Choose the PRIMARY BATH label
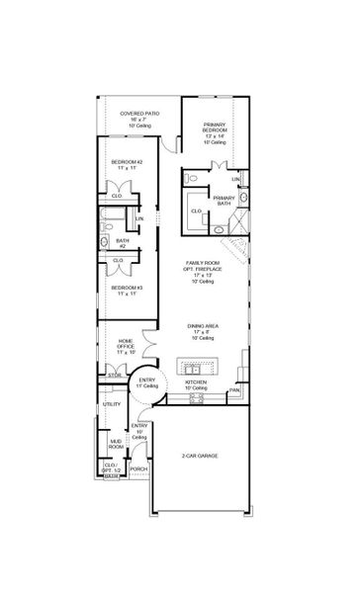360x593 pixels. [224, 200]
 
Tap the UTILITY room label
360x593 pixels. [112, 404]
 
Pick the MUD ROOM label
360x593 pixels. [115, 445]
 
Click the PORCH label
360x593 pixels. [139, 468]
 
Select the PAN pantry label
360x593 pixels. [233, 390]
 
